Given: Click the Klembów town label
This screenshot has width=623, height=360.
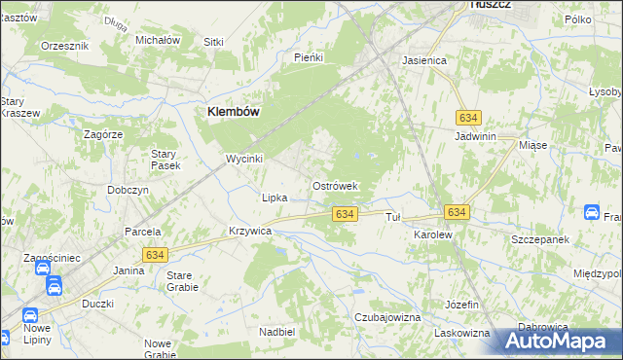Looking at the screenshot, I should tap(233, 112).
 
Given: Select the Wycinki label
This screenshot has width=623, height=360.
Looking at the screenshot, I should tap(244, 158).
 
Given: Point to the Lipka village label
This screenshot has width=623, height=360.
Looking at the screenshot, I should tap(275, 198).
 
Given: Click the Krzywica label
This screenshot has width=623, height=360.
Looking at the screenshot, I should tap(249, 233).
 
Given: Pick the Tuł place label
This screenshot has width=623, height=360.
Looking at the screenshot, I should tap(393, 217).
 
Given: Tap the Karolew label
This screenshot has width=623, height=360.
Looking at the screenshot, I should tap(433, 235).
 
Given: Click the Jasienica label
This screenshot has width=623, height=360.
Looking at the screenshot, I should tap(424, 60).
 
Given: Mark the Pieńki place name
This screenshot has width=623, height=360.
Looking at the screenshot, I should tap(308, 57).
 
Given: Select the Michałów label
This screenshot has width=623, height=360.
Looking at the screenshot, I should tap(158, 40).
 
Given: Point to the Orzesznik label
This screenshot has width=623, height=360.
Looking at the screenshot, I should tap(65, 46).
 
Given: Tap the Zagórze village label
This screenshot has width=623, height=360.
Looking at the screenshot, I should tap(102, 134).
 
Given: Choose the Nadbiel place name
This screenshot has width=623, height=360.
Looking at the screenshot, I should tap(276, 332).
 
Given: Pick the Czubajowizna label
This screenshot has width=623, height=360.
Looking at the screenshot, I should tap(387, 317).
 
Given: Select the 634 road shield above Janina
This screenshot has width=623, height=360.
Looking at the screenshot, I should tap(153, 254).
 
